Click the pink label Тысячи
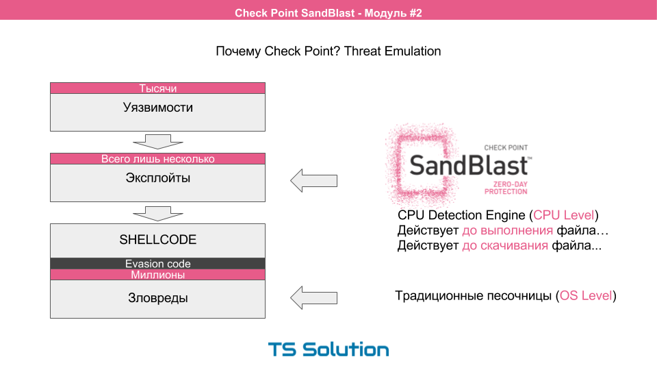click(x=157, y=88)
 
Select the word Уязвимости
click(x=157, y=108)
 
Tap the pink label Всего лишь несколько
click(x=157, y=159)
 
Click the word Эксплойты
click(x=157, y=178)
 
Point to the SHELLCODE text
click(x=157, y=240)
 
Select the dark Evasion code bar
click(x=157, y=264)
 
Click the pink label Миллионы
click(x=157, y=275)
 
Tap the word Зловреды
click(x=157, y=298)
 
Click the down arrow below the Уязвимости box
click(x=157, y=141)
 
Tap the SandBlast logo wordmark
click(x=469, y=165)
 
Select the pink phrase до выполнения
click(x=507, y=231)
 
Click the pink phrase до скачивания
click(x=505, y=245)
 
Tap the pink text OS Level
click(x=586, y=296)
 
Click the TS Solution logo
click(x=328, y=349)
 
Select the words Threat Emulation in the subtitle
click(x=393, y=51)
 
